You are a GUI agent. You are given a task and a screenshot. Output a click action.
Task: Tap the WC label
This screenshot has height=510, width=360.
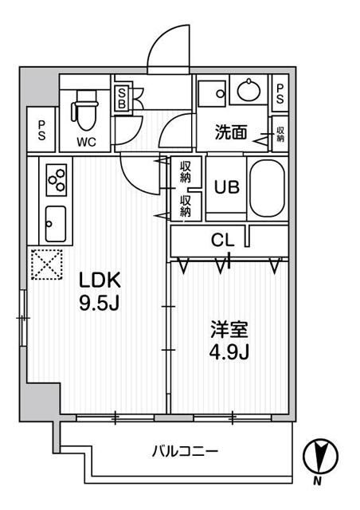pos(88,143)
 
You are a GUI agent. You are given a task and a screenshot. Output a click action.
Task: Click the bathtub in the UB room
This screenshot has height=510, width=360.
pos(264,188)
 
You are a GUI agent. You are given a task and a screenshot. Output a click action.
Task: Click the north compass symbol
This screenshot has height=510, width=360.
pos(322,457)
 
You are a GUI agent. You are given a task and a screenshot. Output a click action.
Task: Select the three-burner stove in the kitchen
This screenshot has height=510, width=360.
pos(57,179)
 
